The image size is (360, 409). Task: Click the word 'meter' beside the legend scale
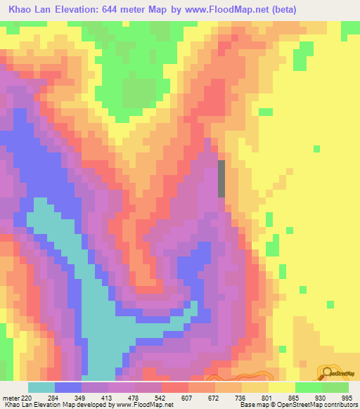[8, 397]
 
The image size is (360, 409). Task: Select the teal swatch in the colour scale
[41, 387]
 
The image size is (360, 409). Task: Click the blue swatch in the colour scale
[68, 387]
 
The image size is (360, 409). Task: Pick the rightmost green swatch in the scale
[335, 387]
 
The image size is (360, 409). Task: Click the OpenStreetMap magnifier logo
[328, 373]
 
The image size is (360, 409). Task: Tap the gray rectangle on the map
[222, 178]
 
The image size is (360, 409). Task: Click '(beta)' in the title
[281, 9]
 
